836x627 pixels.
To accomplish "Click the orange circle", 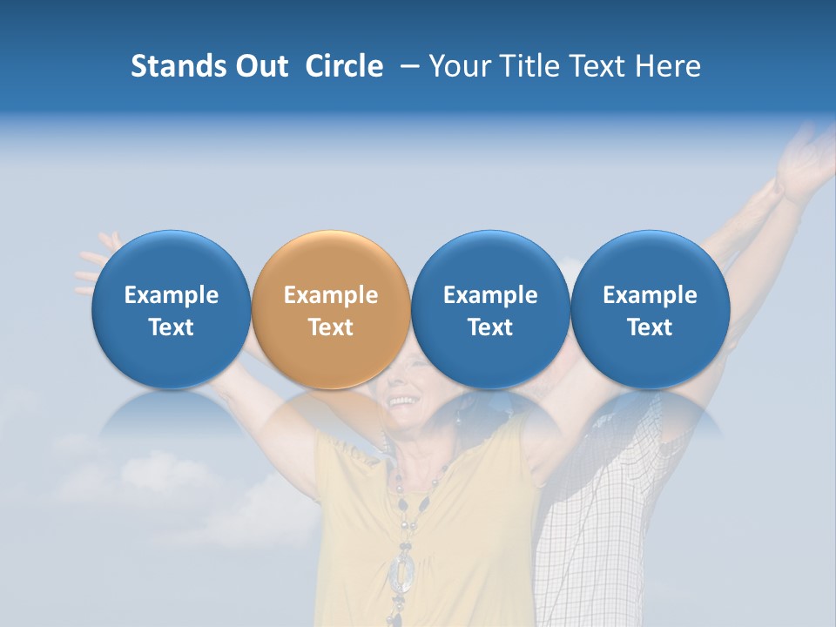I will tap(331, 261).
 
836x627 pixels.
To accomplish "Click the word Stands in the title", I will tap(177, 66).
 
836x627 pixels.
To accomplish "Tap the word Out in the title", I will tap(260, 66).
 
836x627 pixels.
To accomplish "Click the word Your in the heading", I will tap(458, 66).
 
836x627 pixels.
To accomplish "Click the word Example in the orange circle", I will tap(331, 295).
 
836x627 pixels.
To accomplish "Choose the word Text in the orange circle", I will tap(331, 327).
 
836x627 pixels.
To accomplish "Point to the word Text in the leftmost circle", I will tap(171, 327).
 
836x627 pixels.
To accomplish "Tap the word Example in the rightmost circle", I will tap(650, 295).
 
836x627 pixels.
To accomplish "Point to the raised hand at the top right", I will tap(806, 161).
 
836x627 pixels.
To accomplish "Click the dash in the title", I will tap(406, 66).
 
